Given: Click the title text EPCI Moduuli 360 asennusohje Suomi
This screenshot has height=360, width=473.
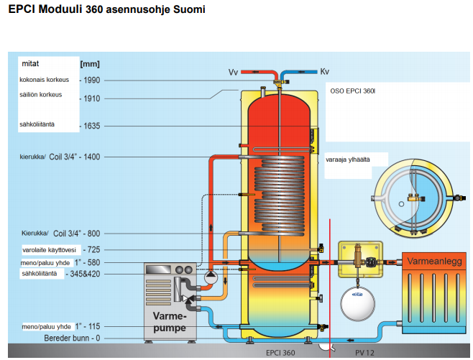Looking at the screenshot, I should tap(106, 11).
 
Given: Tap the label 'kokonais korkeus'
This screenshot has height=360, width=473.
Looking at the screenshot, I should tap(43, 80).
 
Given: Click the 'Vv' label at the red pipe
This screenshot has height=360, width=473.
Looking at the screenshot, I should tap(233, 73).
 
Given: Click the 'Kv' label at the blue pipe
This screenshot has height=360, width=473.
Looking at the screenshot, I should tap(324, 73).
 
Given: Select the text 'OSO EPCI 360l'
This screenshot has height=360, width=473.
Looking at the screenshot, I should tap(353, 92).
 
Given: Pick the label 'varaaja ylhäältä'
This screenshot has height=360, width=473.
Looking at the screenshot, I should tap(348, 160).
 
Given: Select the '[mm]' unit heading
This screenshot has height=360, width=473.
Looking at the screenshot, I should tap(90, 64).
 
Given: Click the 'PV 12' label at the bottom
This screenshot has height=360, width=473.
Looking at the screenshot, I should tap(366, 353).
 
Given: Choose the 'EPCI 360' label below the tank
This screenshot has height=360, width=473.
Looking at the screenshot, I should tap(280, 353).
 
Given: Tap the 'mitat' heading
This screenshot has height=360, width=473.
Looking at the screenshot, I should tap(30, 63).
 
